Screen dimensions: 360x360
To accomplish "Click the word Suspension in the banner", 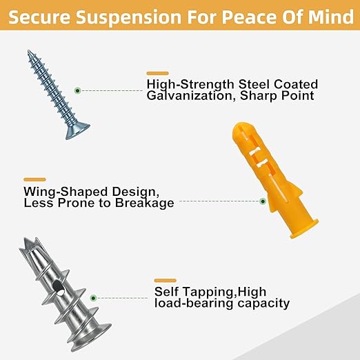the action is tap(130, 17).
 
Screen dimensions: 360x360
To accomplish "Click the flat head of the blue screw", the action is tap(77, 132).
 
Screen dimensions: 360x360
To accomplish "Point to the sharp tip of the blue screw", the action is tap(28, 51).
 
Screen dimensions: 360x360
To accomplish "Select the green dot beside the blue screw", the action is tap(78, 90).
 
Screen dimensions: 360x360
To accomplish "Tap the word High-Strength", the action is tap(190, 84).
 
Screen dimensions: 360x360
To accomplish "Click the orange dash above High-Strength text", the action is tap(158, 73).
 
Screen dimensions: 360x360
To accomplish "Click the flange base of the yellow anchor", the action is tap(303, 229).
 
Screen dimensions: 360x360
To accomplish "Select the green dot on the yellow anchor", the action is tap(263, 201).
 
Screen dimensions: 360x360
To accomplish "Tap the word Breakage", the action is tap(144, 203).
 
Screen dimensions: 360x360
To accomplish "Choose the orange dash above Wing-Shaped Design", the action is tap(34, 179).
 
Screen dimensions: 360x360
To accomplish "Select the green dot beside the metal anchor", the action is tap(93, 298).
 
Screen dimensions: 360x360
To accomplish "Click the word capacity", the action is tap(263, 303).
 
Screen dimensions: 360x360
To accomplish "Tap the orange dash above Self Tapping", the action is tap(166, 281).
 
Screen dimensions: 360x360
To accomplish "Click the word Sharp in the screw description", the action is tap(259, 96).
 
